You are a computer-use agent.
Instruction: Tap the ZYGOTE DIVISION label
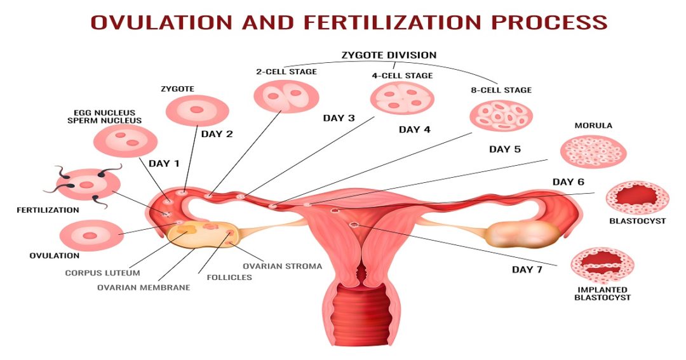coord(389,55)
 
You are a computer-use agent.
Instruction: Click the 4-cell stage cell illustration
coord(402,98)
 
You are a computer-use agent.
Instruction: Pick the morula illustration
coord(593,151)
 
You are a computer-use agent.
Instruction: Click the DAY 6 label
coord(568,182)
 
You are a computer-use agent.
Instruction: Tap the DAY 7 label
coord(527,269)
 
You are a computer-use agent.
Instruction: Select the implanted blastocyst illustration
coord(602,265)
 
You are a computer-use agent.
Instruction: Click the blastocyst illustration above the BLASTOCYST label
coord(637,197)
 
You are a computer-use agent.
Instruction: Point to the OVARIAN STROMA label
coord(282,266)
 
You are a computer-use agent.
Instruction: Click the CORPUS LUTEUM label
coord(102,273)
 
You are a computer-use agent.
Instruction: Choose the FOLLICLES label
coord(229,277)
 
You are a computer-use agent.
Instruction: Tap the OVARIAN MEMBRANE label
coord(144,288)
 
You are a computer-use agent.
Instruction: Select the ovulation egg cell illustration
coord(91,236)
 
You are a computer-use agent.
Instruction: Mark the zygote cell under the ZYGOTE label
coord(197,110)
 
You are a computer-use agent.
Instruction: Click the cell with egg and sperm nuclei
coord(125,140)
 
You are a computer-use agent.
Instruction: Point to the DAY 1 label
coord(164,164)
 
